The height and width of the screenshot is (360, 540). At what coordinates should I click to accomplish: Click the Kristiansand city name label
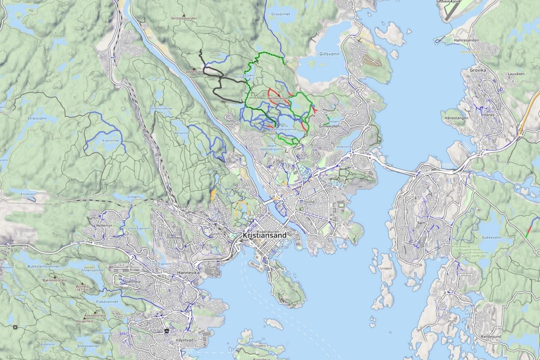click(x=264, y=235)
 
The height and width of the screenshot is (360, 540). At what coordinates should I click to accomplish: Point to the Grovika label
click(x=477, y=70)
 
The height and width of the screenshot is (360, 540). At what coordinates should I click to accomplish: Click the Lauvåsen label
click(x=516, y=73)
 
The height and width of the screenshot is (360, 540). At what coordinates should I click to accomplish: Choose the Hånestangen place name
click(x=454, y=118)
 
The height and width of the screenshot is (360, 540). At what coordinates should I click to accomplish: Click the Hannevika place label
click(x=188, y=272)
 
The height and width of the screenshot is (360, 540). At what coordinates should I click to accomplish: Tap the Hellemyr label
click(x=104, y=226)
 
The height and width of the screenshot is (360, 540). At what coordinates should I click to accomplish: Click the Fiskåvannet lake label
click(x=106, y=301)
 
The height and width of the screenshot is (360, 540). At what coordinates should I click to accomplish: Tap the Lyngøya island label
click(x=386, y=268)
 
